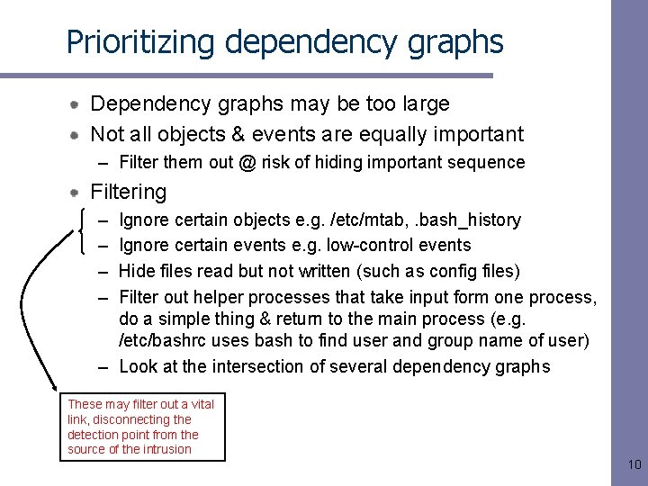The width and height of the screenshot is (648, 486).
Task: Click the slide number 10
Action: click(x=633, y=465)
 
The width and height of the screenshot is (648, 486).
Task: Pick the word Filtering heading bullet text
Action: click(x=129, y=192)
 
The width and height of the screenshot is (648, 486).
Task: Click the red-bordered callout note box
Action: click(x=142, y=427)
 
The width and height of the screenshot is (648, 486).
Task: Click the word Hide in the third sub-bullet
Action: click(x=137, y=271)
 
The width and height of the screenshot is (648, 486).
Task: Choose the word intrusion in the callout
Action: click(x=166, y=449)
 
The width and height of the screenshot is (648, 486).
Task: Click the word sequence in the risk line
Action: click(x=490, y=163)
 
